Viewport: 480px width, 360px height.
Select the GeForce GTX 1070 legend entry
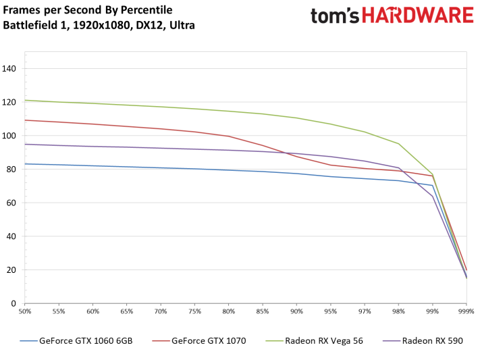(x=204, y=341)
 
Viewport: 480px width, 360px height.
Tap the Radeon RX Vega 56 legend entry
(x=323, y=341)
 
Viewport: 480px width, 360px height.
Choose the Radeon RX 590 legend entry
(x=432, y=341)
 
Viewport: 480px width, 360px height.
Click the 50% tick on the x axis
(x=25, y=311)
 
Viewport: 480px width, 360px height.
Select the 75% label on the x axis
(x=194, y=311)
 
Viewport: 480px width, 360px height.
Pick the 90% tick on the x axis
(x=296, y=311)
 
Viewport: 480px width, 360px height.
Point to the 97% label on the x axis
(x=365, y=311)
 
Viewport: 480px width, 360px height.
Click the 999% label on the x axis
(x=466, y=311)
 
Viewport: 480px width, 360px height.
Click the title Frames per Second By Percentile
(x=88, y=10)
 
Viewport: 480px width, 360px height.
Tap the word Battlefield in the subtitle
(x=28, y=26)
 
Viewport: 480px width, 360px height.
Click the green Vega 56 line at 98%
(x=398, y=143)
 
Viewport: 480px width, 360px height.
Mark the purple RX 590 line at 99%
(x=432, y=196)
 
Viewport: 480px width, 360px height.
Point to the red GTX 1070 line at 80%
(x=229, y=136)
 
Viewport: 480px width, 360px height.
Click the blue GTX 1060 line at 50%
(x=25, y=163)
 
